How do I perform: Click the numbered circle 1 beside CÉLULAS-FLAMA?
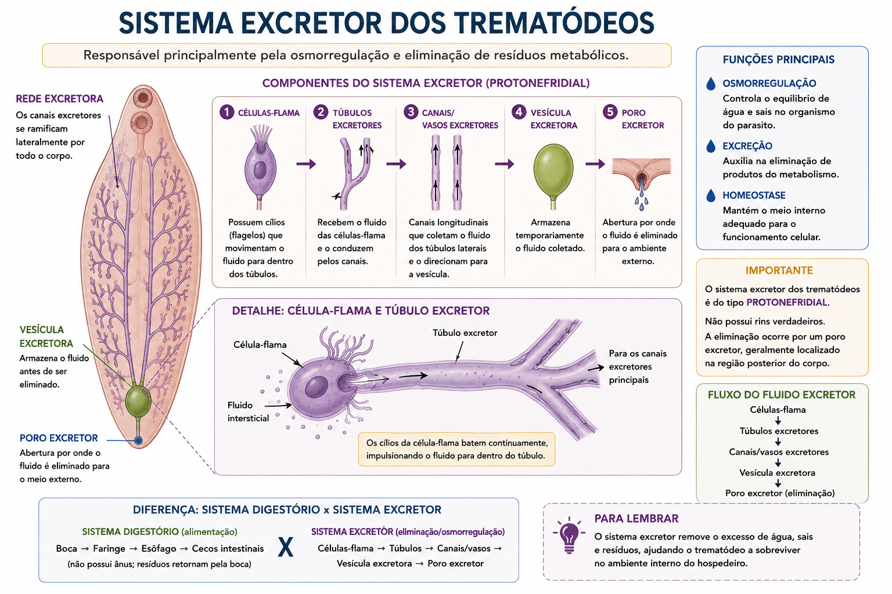point(227,112)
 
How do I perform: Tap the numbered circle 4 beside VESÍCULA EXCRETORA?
point(519,112)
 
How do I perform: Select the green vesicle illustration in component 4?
point(553,175)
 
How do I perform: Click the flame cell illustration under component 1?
point(260,167)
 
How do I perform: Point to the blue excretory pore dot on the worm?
point(138,440)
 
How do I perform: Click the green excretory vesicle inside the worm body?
point(138,401)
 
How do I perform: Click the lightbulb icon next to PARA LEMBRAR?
point(569,535)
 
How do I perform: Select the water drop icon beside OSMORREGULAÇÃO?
point(711,84)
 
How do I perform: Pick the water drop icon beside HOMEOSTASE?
point(711,195)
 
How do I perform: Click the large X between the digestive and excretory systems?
point(286,548)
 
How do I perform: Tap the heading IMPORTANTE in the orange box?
point(779,270)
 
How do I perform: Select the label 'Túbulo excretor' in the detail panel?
point(465,332)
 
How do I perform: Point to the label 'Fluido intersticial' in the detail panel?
point(248,411)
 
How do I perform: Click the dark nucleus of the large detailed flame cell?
point(316,386)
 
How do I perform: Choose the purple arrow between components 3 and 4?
point(505,164)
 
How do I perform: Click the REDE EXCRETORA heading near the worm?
point(59,99)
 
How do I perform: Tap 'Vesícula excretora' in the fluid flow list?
point(778,473)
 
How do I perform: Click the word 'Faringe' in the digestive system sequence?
point(109,549)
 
